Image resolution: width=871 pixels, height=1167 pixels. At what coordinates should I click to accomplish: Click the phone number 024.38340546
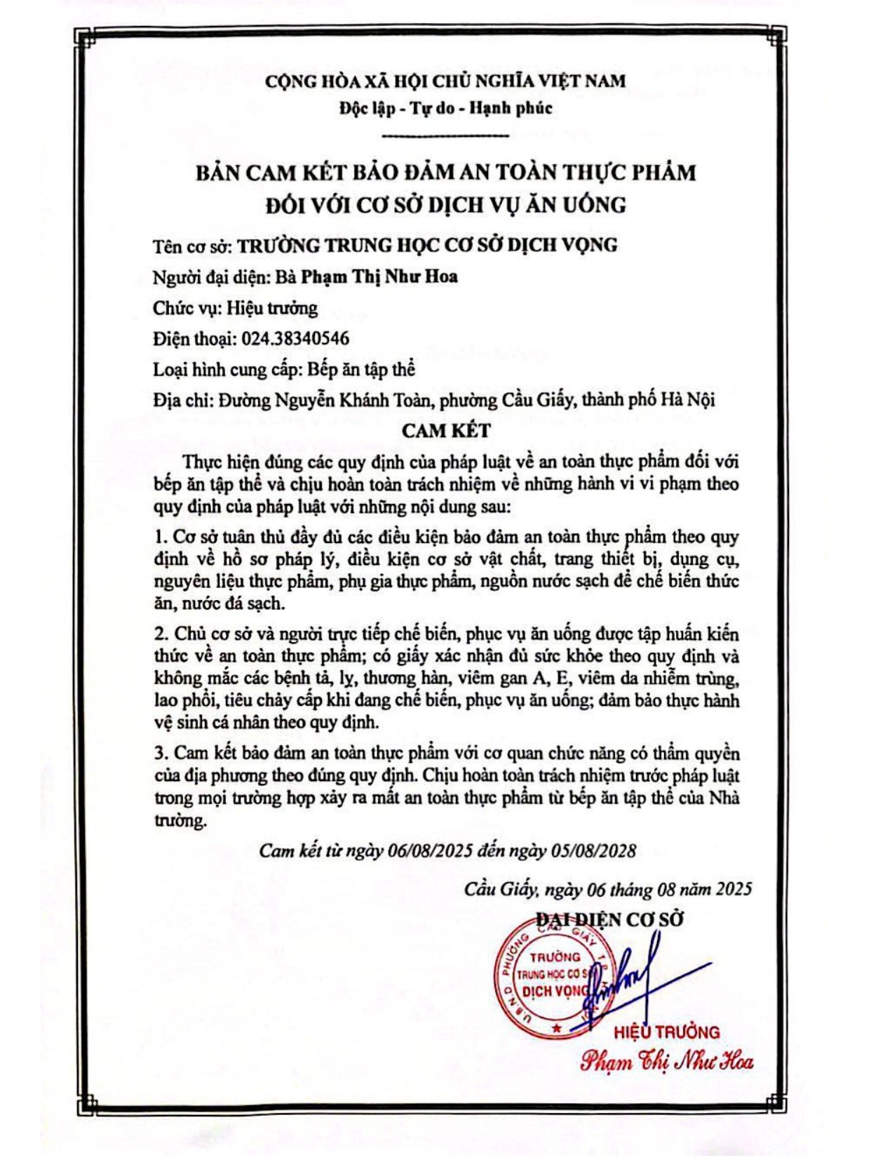[295, 339]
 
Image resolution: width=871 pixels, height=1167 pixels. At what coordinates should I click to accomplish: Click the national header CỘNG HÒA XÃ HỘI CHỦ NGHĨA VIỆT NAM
[445, 81]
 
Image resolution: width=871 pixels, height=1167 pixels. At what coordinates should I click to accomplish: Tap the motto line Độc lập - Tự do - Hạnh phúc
[445, 108]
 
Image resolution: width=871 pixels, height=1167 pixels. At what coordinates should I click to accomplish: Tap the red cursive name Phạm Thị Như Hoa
[666, 1061]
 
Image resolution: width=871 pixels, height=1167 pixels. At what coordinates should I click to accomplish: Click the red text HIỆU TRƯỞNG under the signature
[666, 1032]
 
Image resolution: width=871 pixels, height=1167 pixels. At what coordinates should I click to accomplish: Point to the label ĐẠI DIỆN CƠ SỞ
[609, 919]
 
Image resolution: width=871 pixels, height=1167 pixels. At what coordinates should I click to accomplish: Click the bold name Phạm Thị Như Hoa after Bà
[379, 276]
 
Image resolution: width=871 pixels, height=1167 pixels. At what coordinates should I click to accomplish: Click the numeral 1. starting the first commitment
[160, 538]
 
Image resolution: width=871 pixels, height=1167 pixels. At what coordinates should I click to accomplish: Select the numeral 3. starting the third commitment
[161, 754]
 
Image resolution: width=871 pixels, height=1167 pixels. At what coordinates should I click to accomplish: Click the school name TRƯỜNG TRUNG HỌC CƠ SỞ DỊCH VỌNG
[427, 245]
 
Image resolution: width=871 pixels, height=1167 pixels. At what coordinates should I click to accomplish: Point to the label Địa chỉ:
[182, 401]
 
